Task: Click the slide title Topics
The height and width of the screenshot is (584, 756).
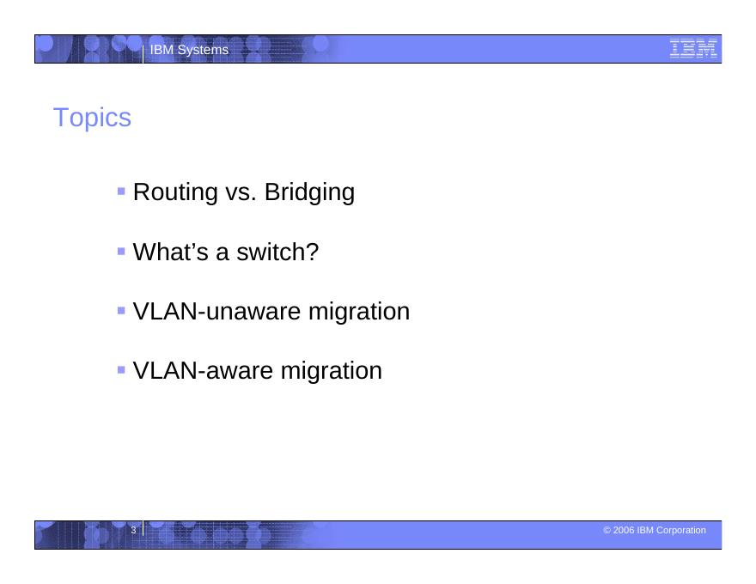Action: tap(92, 118)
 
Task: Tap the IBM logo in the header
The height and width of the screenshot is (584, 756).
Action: tap(693, 49)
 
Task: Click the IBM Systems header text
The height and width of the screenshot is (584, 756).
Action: tap(189, 50)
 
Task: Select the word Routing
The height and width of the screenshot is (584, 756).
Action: tap(175, 192)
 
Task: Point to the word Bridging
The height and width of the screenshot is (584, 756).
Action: tap(309, 192)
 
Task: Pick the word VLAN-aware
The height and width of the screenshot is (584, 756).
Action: tap(204, 370)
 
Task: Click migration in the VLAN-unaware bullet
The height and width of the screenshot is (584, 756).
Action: tap(359, 312)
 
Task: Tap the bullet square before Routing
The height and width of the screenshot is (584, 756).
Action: tap(121, 192)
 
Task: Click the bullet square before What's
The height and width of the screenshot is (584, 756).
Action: tap(121, 251)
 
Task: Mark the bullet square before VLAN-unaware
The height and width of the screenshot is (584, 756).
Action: tap(121, 311)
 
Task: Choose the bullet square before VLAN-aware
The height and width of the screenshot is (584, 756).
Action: tap(121, 370)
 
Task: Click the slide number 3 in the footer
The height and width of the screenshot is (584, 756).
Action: tap(133, 530)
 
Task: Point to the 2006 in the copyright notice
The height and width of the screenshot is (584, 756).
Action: tap(624, 530)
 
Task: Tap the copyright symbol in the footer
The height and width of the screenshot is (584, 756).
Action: tap(607, 530)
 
